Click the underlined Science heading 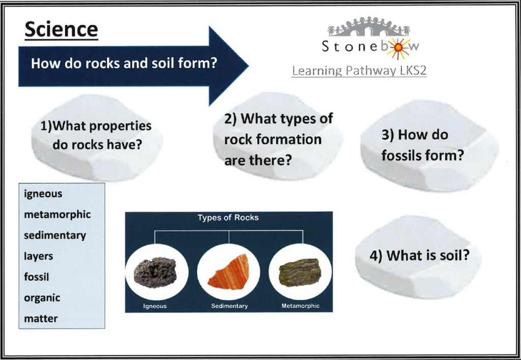tap(61, 30)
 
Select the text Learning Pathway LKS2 tap(359, 71)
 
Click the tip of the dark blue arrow tap(248, 66)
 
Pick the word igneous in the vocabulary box tap(43, 194)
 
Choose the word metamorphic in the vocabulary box tap(57, 215)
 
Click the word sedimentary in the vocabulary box tap(55, 235)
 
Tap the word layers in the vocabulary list tap(38, 256)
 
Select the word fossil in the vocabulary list tap(36, 277)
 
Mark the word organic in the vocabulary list tap(42, 298)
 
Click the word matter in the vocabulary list tap(41, 318)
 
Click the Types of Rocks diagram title tap(228, 218)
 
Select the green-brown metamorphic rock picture tap(300, 273)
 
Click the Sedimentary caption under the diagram tap(229, 306)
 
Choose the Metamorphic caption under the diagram tap(300, 306)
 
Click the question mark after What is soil tap(465, 255)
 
